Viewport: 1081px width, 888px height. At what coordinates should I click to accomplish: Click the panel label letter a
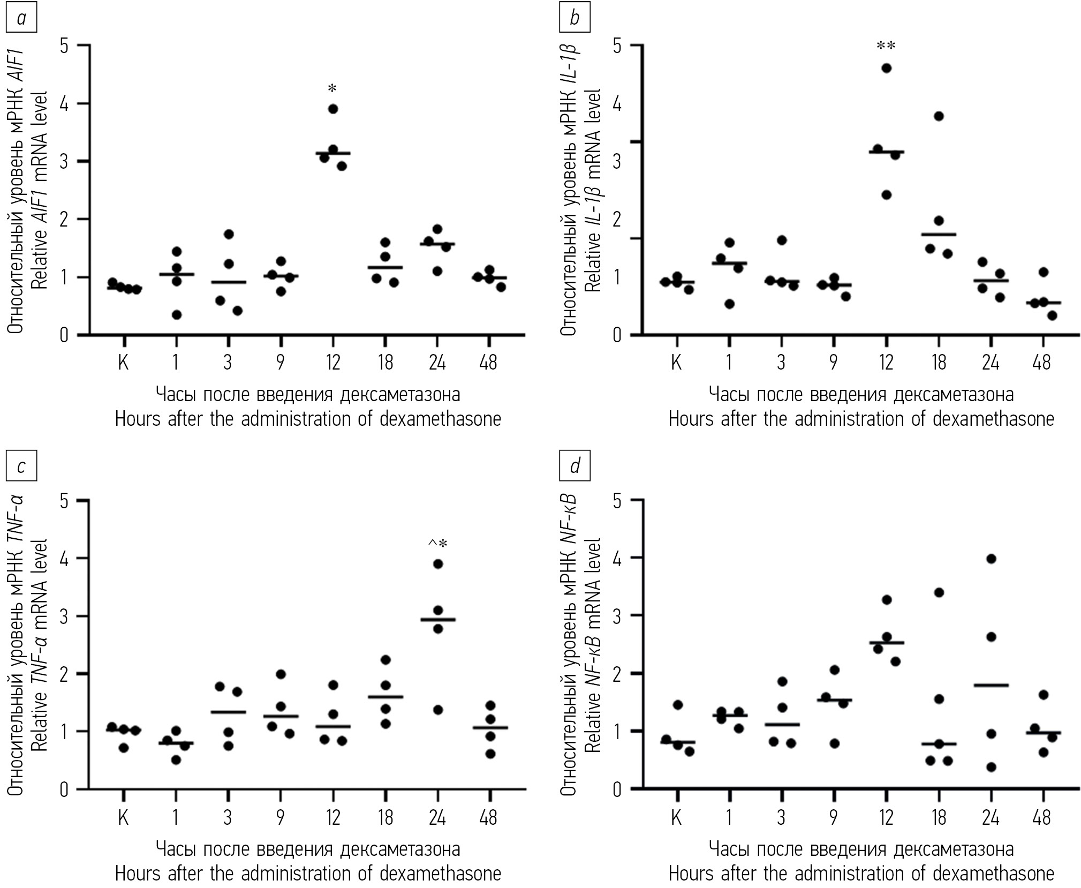21,19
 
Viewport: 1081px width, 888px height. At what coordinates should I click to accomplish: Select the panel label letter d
574,466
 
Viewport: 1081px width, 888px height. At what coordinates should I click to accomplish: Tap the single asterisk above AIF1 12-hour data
332,88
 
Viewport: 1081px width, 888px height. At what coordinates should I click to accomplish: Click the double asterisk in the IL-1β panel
886,46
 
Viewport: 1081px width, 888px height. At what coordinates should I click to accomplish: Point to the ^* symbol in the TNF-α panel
437,544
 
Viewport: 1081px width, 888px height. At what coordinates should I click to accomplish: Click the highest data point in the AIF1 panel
332,109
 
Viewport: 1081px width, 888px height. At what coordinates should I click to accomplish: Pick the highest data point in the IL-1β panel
886,68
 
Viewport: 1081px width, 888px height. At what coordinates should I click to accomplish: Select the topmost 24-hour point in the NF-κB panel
991,559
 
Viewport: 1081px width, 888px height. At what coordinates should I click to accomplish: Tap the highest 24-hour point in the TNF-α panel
438,564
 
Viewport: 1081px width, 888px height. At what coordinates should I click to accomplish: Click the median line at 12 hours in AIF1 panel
333,153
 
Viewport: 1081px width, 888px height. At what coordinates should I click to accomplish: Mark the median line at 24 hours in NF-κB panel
991,685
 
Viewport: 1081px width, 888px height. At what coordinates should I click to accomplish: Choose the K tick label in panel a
123,363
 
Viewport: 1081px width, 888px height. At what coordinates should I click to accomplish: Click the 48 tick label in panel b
1042,363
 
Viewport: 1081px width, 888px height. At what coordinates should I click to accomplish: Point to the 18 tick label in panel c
385,817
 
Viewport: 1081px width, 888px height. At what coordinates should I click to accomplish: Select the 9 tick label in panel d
833,817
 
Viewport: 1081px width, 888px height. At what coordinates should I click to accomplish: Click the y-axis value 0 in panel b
617,336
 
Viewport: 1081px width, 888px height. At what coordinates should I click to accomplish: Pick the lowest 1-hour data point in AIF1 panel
176,315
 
